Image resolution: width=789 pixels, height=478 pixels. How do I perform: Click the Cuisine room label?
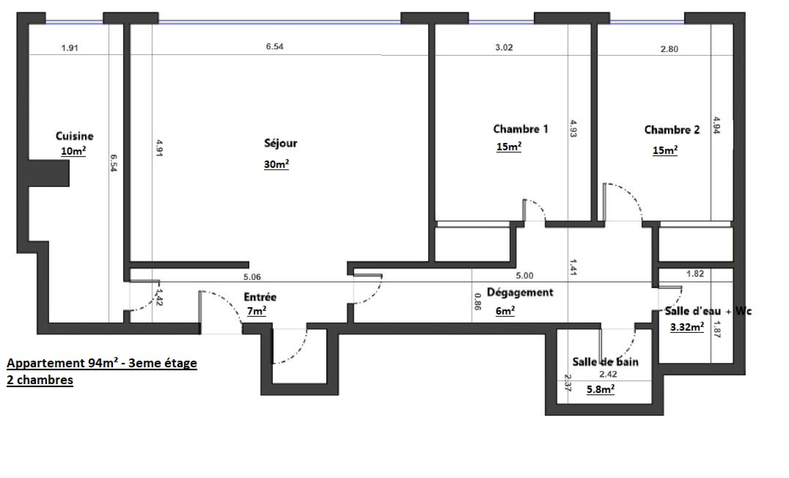[74, 136]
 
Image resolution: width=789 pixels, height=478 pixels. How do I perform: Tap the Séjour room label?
[280, 143]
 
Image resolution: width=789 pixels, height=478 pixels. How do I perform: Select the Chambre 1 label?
[521, 129]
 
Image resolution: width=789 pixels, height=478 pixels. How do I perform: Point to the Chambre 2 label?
[672, 130]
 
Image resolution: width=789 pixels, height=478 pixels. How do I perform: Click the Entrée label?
[260, 297]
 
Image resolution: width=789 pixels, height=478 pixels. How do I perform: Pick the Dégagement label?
[520, 293]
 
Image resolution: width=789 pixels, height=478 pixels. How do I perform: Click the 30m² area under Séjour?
[276, 164]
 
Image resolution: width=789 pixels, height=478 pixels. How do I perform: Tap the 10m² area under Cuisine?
[73, 151]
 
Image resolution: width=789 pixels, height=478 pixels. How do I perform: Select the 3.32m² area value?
[687, 327]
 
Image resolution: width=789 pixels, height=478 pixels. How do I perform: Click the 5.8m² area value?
[600, 389]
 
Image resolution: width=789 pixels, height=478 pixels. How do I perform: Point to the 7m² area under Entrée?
[256, 311]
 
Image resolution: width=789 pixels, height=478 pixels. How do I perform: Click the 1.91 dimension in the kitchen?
[70, 48]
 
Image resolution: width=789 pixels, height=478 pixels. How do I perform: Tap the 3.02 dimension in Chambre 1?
[504, 47]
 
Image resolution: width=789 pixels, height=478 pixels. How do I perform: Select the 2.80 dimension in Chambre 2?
[669, 49]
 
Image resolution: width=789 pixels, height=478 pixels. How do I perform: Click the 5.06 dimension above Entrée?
[252, 277]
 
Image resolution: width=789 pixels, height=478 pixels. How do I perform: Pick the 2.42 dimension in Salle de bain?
[608, 374]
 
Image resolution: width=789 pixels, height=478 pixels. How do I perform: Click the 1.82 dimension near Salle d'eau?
[695, 274]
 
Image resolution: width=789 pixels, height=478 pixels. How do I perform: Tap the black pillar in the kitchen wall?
[49, 173]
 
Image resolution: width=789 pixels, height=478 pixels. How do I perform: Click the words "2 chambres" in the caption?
[40, 380]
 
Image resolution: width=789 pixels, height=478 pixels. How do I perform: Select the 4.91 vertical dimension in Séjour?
[159, 149]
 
